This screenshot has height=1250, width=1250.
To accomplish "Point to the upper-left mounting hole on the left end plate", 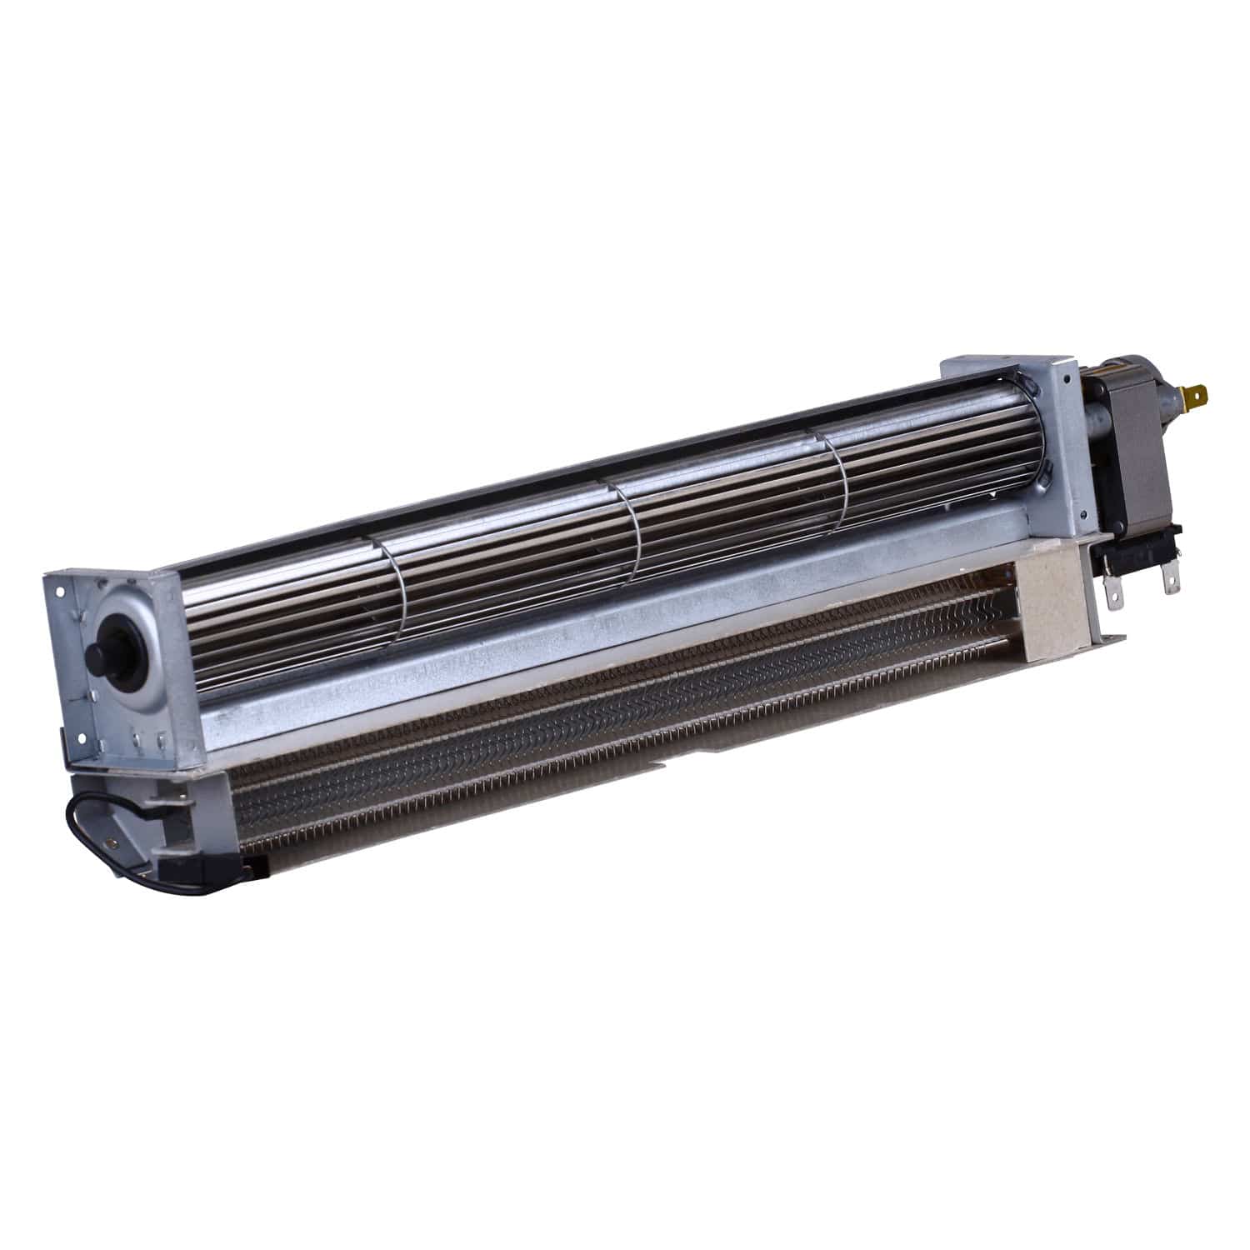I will click(x=61, y=592).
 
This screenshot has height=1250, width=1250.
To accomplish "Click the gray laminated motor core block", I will click(x=1133, y=467).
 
